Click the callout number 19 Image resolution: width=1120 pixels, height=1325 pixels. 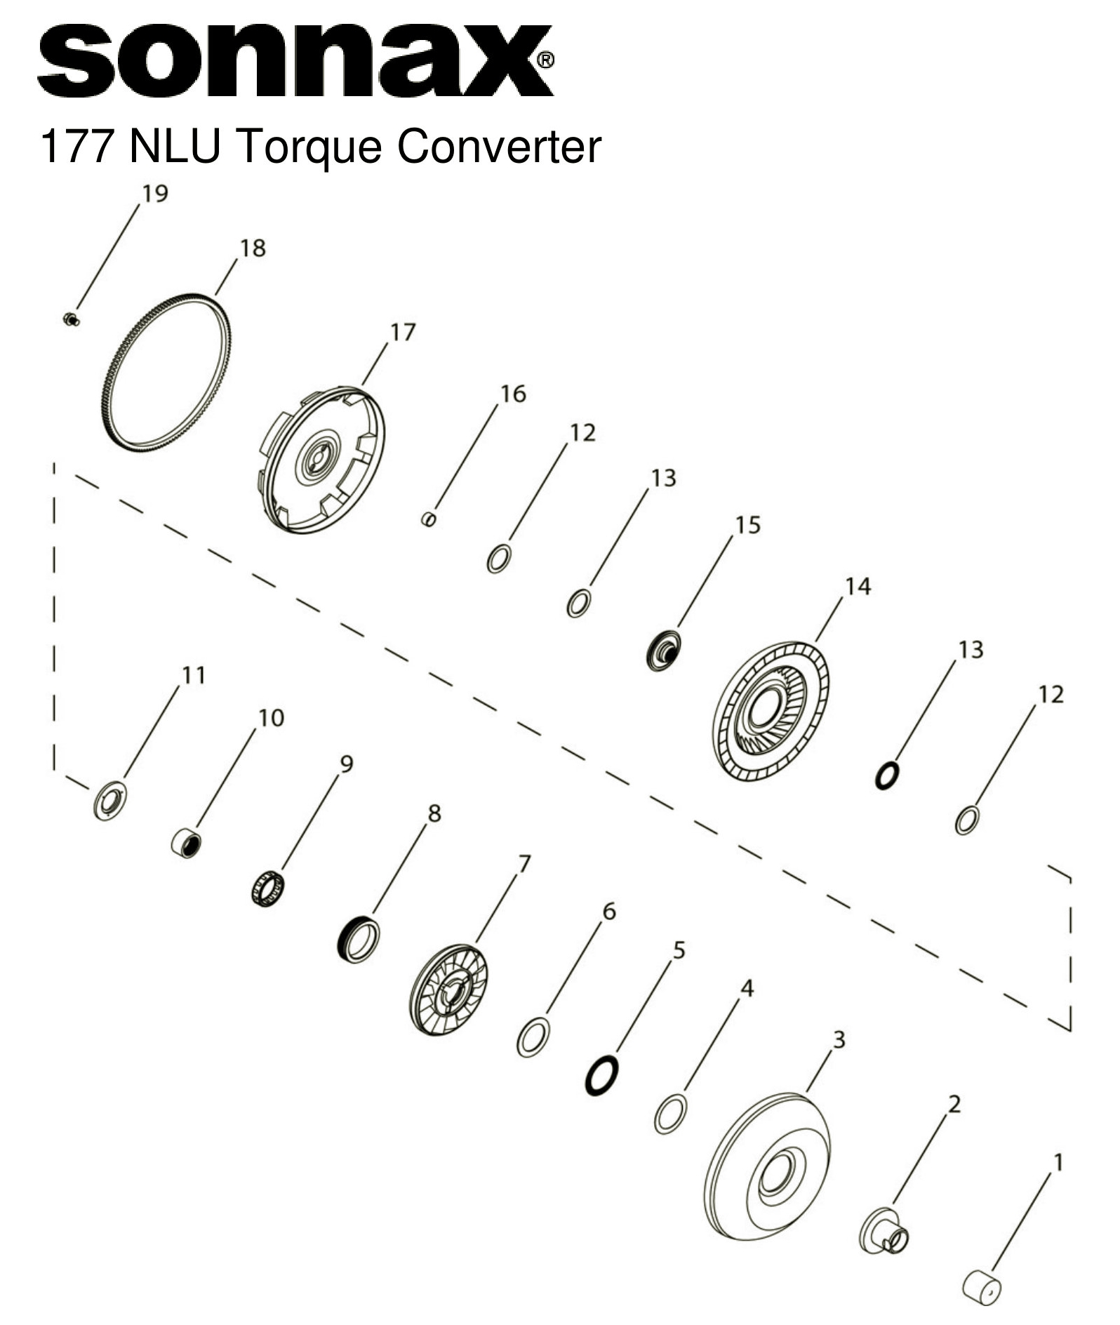(x=155, y=193)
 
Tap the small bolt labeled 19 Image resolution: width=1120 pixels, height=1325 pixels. (x=70, y=321)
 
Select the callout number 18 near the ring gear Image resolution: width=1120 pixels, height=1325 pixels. (x=253, y=248)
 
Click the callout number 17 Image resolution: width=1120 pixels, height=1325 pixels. (x=403, y=331)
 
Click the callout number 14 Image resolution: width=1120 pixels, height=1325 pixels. (x=858, y=586)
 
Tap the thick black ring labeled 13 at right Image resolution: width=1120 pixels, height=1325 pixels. (x=887, y=775)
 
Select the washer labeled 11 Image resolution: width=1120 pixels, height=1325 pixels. (x=110, y=800)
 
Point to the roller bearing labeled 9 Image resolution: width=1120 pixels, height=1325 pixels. (x=267, y=888)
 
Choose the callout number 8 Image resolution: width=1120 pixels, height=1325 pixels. (x=434, y=813)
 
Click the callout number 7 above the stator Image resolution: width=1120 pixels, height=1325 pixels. (x=524, y=863)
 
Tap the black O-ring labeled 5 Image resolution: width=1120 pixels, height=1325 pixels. (x=601, y=1074)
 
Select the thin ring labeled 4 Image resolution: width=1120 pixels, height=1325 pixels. (x=670, y=1113)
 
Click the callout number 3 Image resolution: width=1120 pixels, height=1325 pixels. (x=839, y=1039)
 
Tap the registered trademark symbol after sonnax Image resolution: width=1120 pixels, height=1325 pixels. (x=545, y=60)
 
